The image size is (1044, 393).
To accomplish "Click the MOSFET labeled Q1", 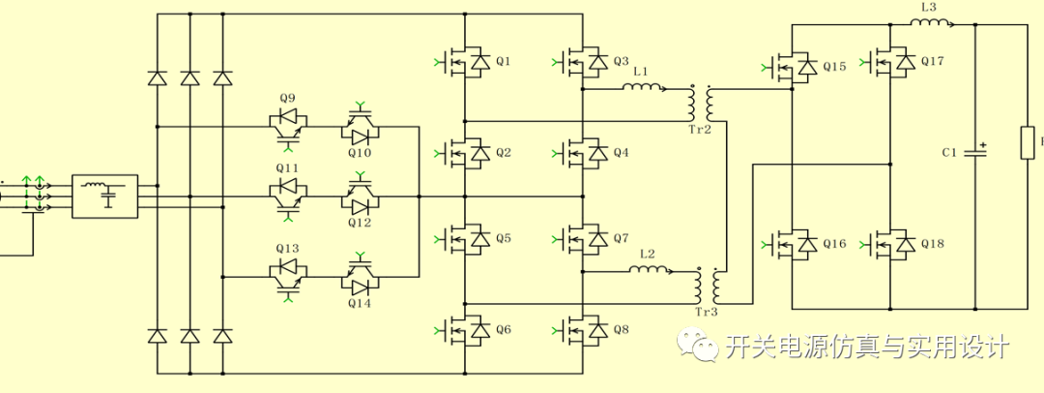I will (468, 63).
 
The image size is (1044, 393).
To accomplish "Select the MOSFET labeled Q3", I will (586, 63).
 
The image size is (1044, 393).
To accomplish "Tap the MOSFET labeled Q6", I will (468, 331).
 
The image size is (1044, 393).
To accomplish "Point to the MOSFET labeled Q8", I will (586, 331).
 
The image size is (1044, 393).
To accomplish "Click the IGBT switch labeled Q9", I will (287, 123).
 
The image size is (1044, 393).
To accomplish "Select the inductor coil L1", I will (642, 88).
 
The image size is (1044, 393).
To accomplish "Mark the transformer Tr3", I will (707, 285).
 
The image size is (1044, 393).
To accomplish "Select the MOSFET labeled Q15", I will (796, 67).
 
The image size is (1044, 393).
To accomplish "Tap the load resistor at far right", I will (1029, 145).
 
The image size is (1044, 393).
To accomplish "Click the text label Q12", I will (360, 223).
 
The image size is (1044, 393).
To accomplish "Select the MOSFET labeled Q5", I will (468, 240).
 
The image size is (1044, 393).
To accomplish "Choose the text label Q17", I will (932, 61).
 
